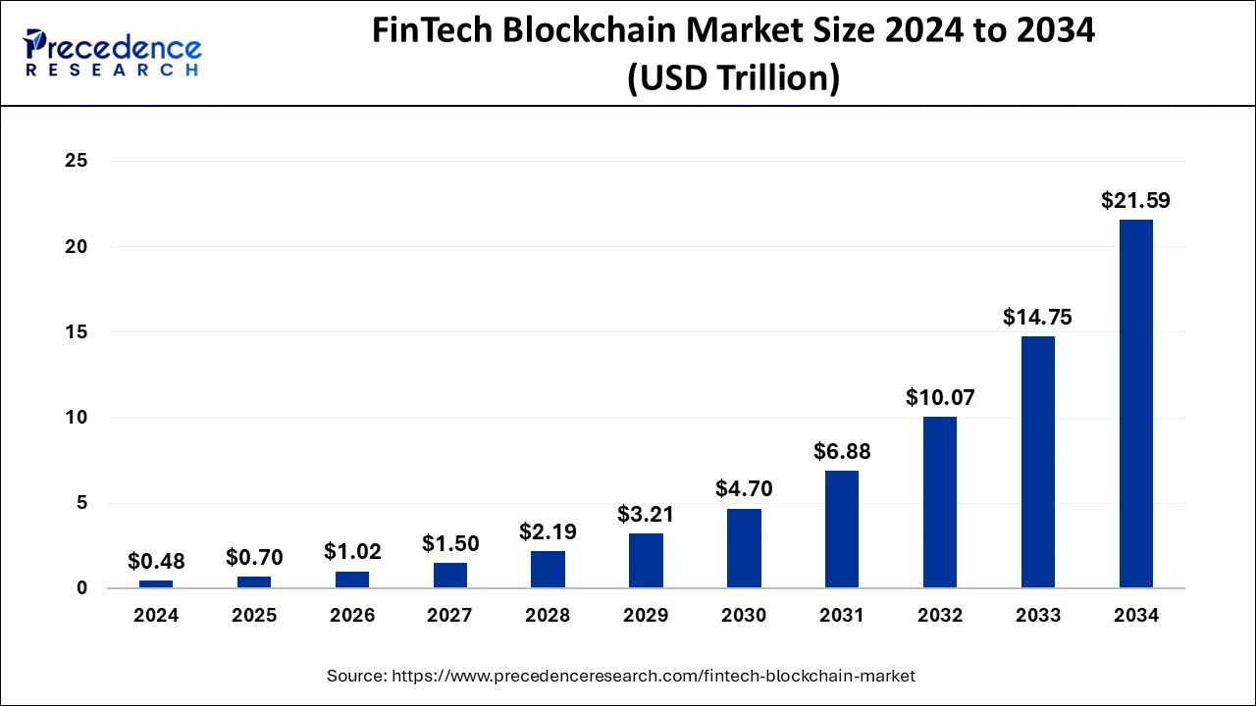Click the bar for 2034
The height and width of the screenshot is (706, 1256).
[1135, 404]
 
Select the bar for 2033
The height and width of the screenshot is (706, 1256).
[1037, 462]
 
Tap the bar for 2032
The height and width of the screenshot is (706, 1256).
[940, 502]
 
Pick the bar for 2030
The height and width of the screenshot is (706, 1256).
[744, 548]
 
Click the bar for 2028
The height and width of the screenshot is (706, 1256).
[548, 570]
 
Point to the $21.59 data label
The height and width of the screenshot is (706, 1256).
[1135, 201]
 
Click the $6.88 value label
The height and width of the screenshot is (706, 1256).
[842, 452]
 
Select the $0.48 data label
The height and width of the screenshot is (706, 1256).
[156, 562]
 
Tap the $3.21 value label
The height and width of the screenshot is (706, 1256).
[646, 514]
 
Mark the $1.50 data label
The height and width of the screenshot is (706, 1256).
[450, 543]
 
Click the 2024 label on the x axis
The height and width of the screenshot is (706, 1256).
[156, 616]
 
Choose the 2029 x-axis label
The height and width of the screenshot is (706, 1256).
[646, 616]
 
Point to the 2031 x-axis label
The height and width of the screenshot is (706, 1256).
[842, 616]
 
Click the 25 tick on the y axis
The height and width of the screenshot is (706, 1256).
[76, 161]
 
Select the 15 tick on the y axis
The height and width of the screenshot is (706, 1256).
[76, 332]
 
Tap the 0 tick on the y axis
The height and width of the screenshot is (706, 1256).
[81, 588]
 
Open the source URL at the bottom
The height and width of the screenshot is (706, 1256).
[620, 676]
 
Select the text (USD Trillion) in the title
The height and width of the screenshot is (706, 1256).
[733, 76]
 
